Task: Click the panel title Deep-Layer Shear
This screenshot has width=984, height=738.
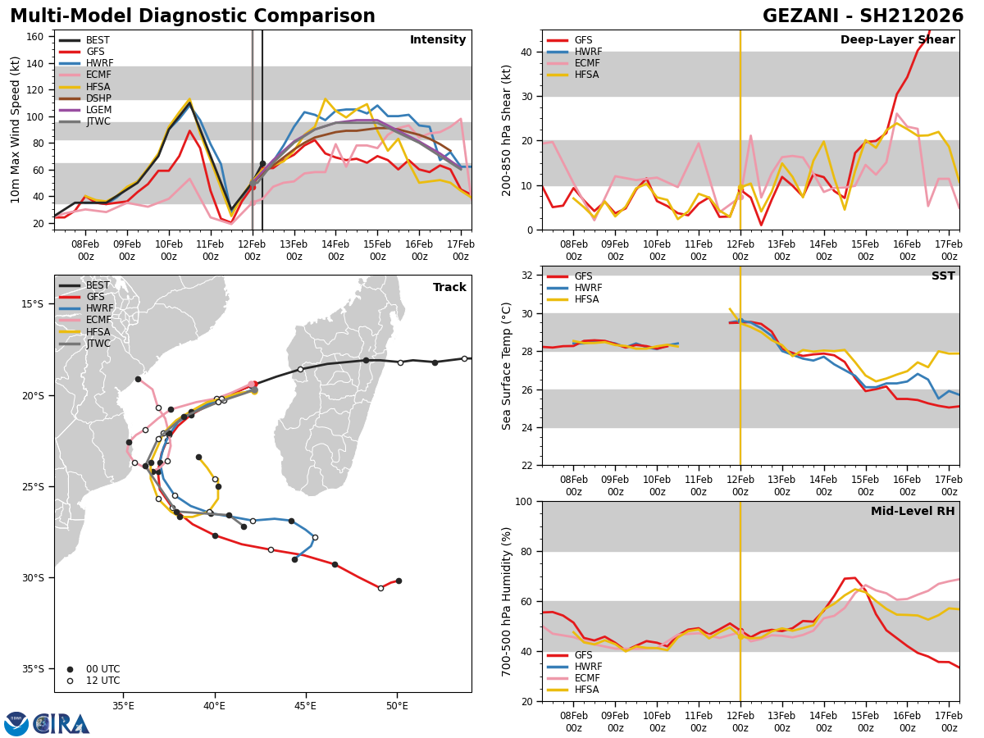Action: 897,39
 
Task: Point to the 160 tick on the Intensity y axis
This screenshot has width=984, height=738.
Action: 35,37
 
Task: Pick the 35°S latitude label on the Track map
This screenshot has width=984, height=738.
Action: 32,669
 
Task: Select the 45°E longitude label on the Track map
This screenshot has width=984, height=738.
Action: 306,706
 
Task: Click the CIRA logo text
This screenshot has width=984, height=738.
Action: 61,724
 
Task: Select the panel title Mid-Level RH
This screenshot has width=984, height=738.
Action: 913,511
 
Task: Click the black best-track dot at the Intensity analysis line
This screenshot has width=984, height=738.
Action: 262,164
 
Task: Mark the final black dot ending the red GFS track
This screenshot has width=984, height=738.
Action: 399,581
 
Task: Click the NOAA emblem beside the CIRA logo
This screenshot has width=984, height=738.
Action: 16,724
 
